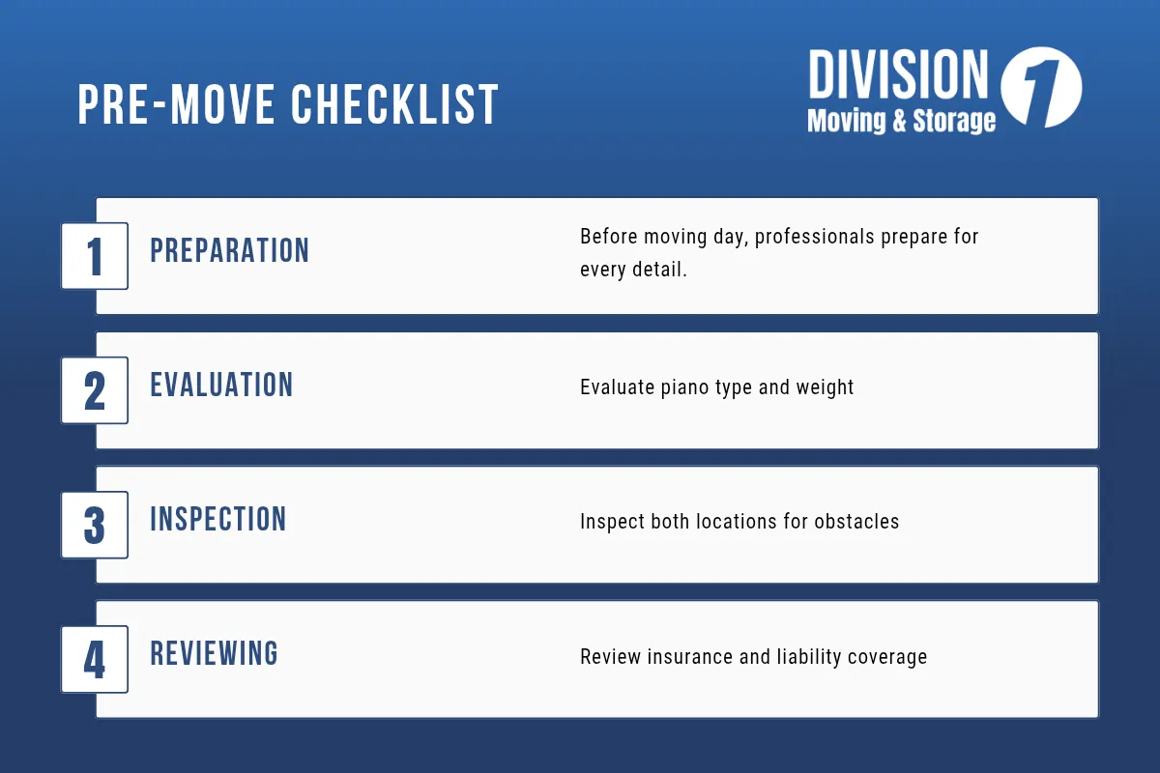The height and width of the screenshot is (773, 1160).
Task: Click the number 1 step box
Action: [x=95, y=256]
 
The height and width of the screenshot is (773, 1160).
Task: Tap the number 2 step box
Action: [x=95, y=390]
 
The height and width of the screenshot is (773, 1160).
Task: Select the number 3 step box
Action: [x=95, y=525]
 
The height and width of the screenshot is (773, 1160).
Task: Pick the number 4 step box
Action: [x=95, y=659]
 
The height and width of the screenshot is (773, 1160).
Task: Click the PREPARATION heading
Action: [x=229, y=251]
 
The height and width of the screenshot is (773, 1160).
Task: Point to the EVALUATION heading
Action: [x=221, y=386]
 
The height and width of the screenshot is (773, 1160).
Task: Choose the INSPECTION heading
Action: [x=218, y=520]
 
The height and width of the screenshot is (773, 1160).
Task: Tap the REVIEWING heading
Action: [x=214, y=654]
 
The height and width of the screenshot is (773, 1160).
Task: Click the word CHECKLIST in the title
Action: [x=393, y=104]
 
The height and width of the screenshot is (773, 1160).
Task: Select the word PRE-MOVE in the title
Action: [x=179, y=104]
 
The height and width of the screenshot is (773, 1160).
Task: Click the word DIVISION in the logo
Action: [x=898, y=75]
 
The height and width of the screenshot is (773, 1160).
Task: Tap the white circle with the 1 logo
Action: [x=1041, y=88]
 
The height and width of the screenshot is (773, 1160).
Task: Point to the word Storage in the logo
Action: [x=955, y=121]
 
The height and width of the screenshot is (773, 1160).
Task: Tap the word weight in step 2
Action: [x=824, y=387]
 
